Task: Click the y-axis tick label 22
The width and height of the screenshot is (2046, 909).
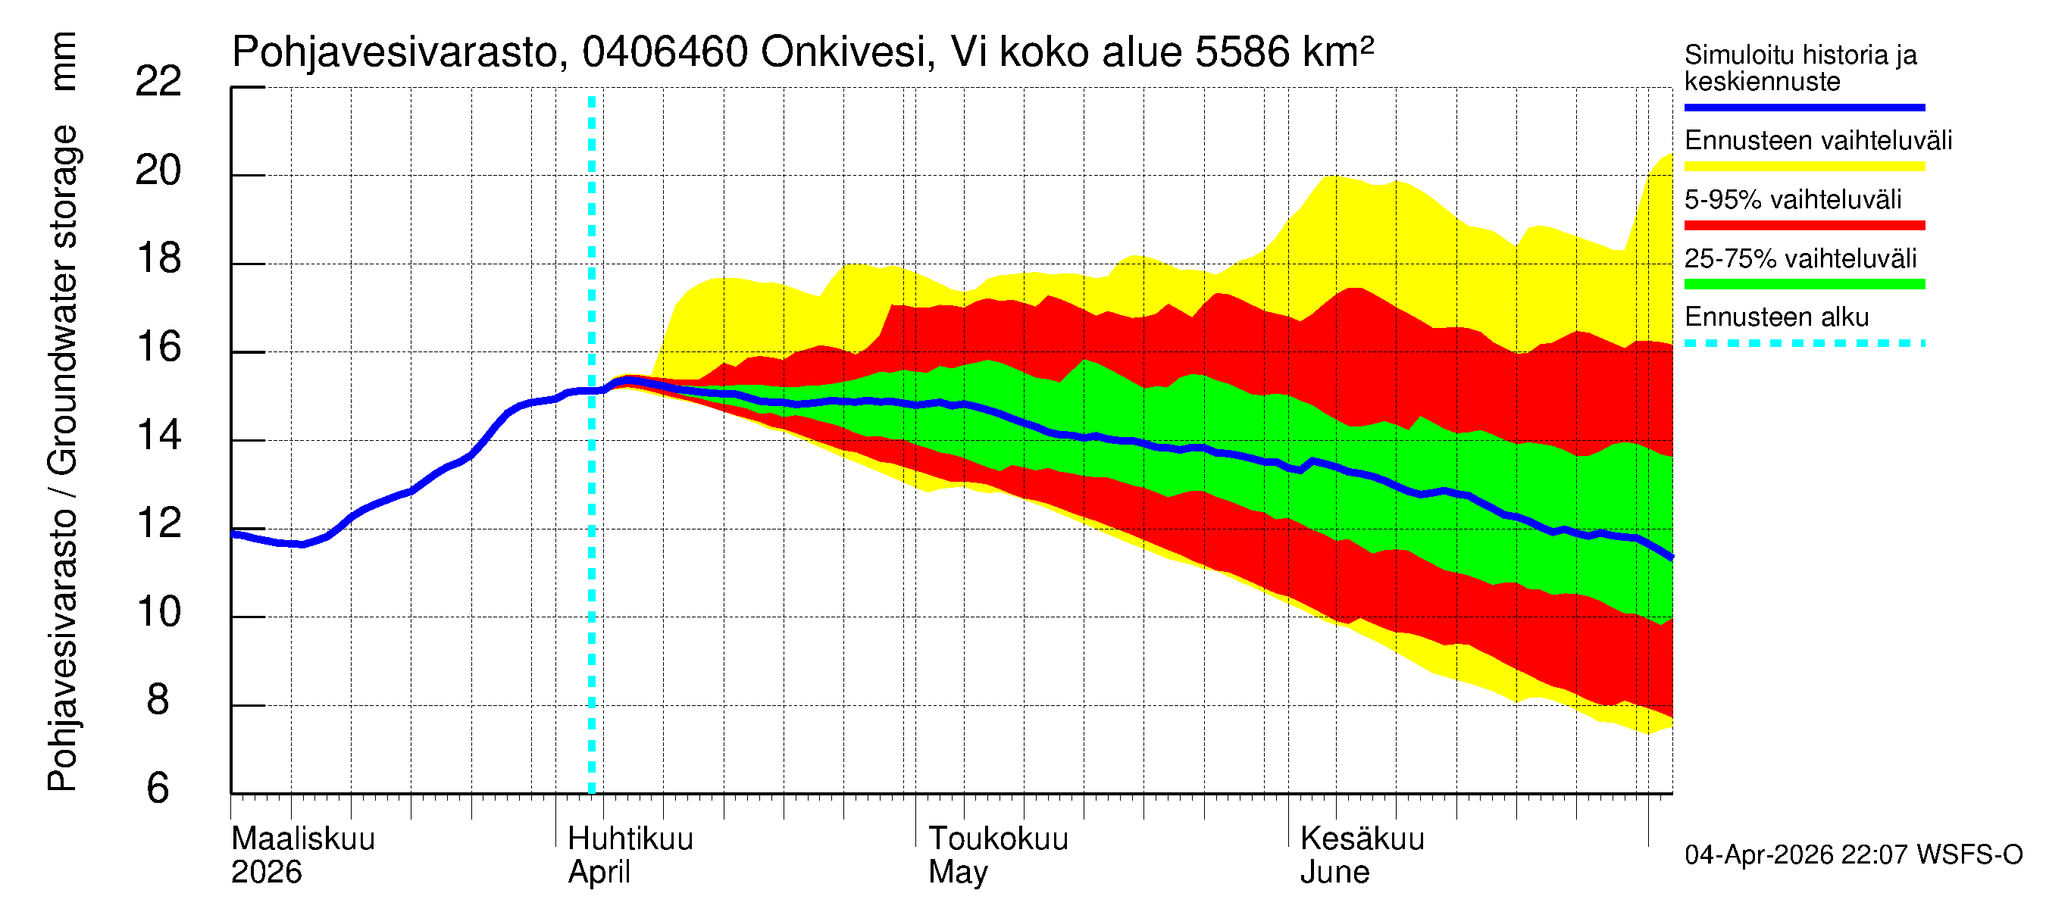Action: tap(158, 82)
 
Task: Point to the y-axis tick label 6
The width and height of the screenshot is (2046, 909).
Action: tap(158, 789)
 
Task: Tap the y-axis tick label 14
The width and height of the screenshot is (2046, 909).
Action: tap(158, 436)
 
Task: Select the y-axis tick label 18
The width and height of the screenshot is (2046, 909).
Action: tap(158, 259)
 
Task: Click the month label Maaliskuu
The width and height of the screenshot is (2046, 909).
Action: tap(302, 839)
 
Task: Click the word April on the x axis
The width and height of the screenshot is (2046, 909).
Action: tap(599, 873)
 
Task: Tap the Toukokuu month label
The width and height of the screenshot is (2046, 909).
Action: tap(999, 839)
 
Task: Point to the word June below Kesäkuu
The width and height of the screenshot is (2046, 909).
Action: tap(1334, 873)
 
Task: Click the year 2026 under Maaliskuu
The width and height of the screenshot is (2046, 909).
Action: tap(266, 873)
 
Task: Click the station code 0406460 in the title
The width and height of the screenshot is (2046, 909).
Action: tap(665, 52)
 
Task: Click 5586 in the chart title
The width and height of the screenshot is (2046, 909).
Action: tap(1241, 52)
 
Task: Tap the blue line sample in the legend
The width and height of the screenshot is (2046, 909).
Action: tap(1804, 107)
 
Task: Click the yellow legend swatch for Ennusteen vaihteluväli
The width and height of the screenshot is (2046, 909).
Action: tap(1804, 167)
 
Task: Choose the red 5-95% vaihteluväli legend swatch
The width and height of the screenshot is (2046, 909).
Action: tap(1804, 226)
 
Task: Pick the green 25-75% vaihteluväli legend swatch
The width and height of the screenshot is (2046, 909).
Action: tap(1804, 284)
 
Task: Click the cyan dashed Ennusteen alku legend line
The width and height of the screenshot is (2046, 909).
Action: tap(1804, 344)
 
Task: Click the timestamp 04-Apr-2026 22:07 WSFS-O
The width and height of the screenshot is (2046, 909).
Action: tap(1853, 855)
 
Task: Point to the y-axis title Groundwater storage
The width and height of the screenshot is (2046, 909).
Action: tap(62, 301)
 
